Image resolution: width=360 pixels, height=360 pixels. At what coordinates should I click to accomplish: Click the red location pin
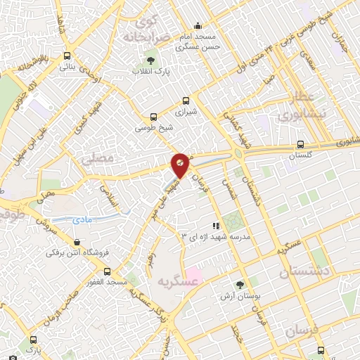pos(180,165)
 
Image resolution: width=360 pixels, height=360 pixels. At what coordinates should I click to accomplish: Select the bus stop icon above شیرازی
pos(186,101)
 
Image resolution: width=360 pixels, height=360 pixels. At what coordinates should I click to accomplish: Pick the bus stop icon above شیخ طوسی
pos(154,117)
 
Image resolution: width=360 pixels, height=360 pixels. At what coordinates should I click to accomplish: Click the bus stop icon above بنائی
pos(67,56)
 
